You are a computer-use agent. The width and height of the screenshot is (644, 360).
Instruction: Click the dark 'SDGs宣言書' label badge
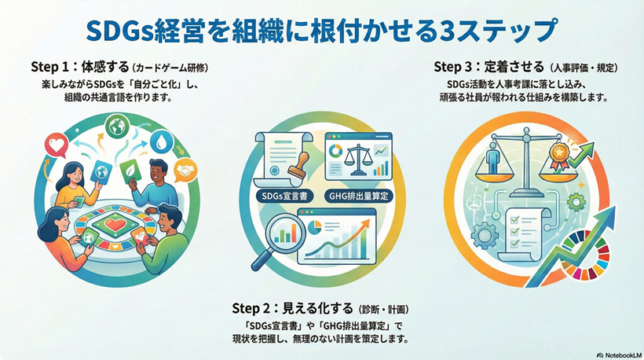tap(284, 196)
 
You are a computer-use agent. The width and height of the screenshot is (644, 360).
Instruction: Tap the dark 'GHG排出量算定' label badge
tap(358, 196)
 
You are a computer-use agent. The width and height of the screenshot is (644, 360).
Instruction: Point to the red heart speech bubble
tap(56, 145)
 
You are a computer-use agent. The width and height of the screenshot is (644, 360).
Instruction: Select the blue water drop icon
tap(162, 142)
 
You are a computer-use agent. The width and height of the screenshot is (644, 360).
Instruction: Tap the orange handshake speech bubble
tap(186, 170)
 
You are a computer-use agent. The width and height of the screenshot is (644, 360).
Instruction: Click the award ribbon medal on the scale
tap(559, 155)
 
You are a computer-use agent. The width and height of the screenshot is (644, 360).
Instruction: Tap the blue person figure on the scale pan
tap(492, 158)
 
